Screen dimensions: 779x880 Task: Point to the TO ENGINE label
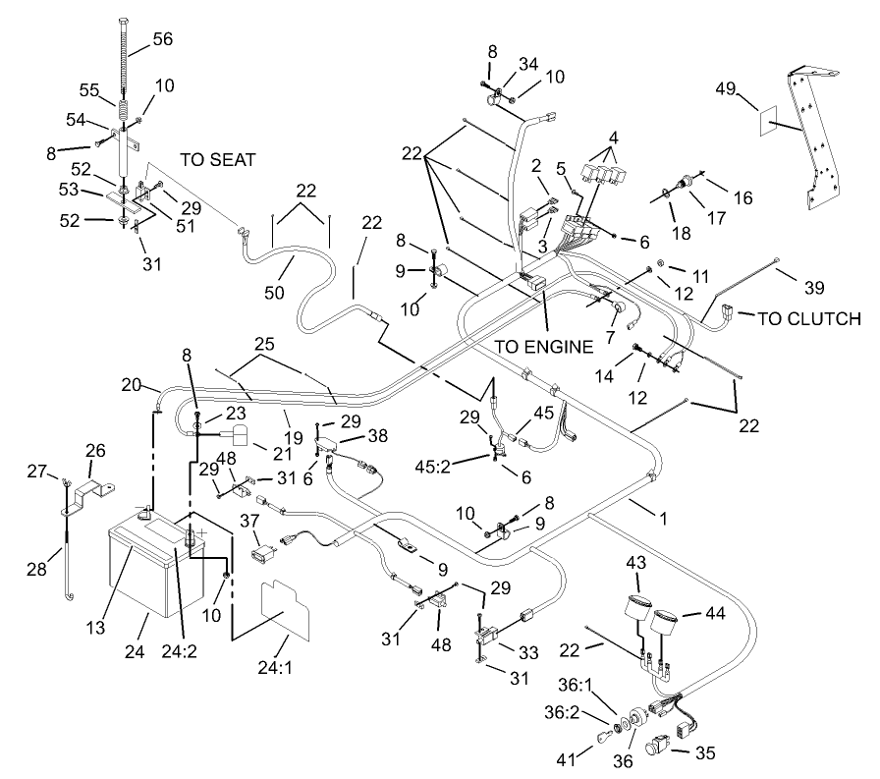coord(543,346)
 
